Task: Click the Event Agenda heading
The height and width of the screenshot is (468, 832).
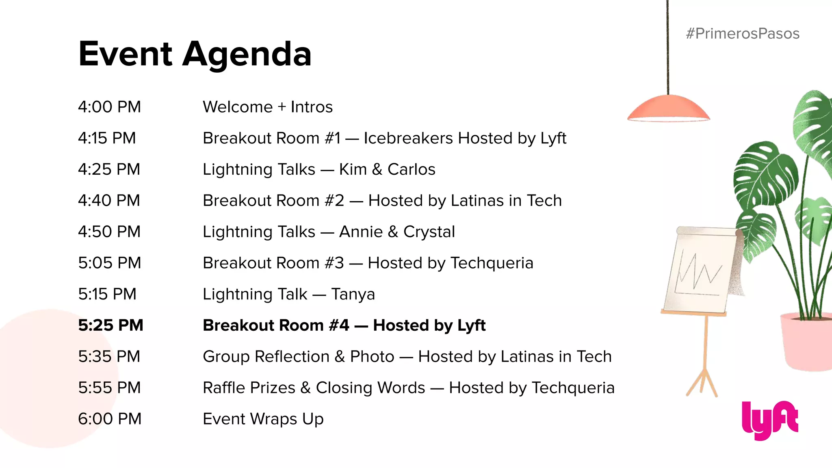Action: [195, 54]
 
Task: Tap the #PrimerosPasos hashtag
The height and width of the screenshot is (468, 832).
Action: [742, 33]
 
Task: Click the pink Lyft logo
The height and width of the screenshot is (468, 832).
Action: [769, 420]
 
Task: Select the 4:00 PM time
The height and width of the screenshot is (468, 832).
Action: [109, 107]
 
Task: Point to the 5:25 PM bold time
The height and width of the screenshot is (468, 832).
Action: [110, 325]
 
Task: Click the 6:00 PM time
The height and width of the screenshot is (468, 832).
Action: [110, 418]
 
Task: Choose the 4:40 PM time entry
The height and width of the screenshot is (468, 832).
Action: [109, 200]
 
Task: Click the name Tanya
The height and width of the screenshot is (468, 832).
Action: [353, 294]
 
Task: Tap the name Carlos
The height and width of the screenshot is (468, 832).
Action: [411, 169]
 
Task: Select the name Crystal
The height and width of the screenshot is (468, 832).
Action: [429, 232]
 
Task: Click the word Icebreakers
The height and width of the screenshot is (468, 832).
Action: [408, 138]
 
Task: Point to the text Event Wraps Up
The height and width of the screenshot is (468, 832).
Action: [263, 419]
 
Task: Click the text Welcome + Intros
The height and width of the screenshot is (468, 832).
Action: [268, 107]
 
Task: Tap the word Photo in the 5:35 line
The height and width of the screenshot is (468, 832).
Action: [372, 356]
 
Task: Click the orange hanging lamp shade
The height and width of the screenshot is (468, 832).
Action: [668, 108]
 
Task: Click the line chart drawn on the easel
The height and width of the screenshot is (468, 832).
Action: [698, 272]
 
